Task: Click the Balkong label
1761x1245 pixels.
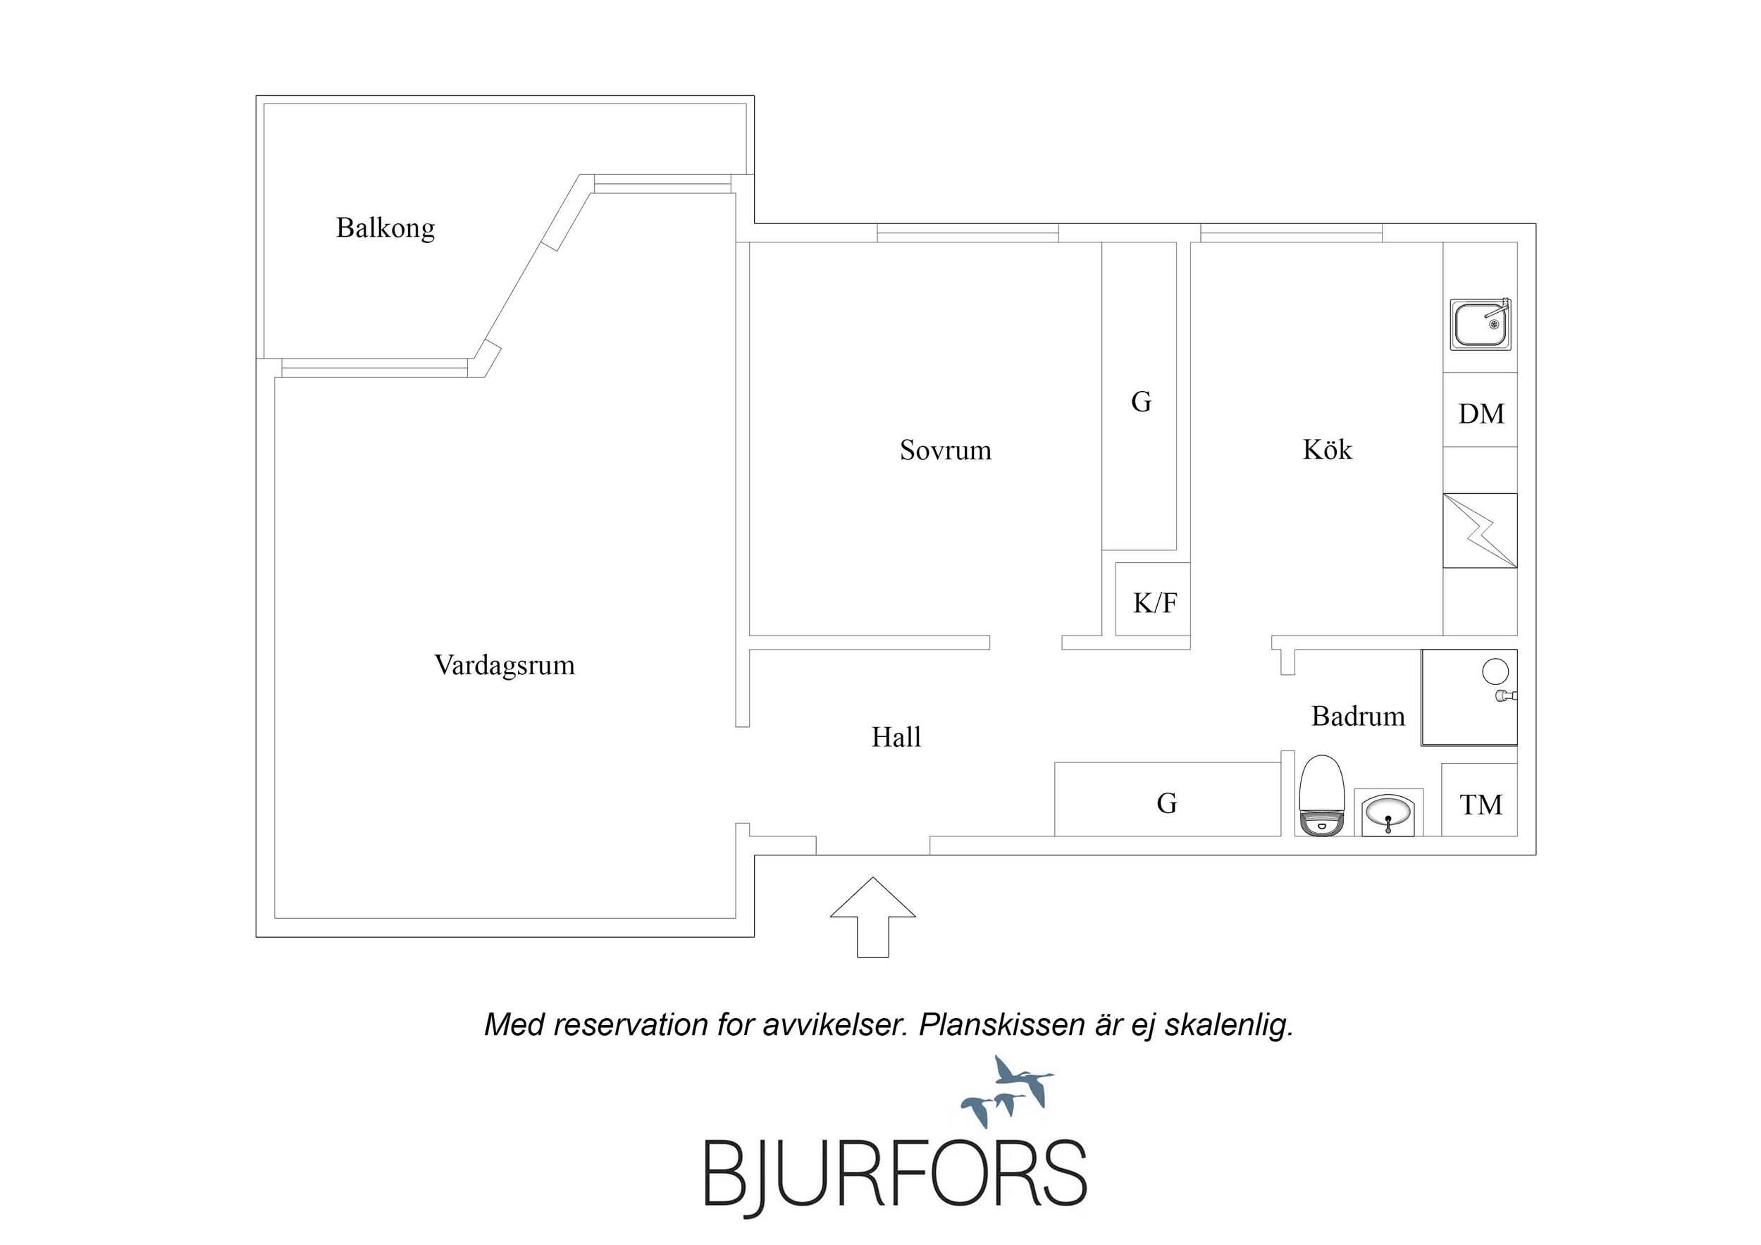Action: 385,228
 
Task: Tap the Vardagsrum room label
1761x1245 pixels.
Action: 504,665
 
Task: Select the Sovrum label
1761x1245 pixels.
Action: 945,450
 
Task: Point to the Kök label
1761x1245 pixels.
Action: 1327,449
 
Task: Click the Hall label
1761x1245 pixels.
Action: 896,737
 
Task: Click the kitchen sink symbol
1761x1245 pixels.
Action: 1481,325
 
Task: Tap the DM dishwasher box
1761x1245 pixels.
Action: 1481,409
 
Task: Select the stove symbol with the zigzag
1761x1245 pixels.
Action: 1481,531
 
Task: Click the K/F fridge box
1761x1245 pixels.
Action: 1153,599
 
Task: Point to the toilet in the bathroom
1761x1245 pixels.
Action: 1321,795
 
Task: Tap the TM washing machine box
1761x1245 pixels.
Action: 1480,799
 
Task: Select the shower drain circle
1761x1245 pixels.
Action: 1495,672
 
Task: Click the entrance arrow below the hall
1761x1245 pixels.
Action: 873,917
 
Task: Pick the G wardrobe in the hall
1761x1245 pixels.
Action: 1168,799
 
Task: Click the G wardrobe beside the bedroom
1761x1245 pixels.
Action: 1139,396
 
